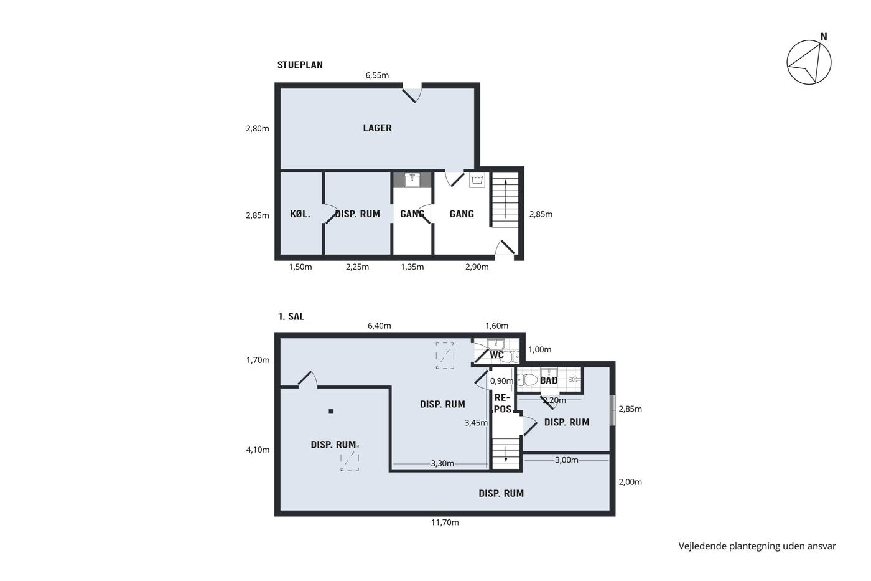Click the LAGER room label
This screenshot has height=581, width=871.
(377, 128)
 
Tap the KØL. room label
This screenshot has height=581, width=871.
(300, 214)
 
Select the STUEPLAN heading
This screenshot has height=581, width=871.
(300, 65)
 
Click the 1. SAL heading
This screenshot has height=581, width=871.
(291, 316)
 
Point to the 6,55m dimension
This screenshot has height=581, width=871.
(377, 75)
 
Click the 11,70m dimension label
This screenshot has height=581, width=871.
(445, 522)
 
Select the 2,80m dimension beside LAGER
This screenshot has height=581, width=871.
(258, 128)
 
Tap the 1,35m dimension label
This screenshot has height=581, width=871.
(412, 267)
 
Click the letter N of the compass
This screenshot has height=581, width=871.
(824, 37)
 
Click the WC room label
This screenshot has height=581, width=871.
(496, 355)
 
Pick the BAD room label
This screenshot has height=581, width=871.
(549, 380)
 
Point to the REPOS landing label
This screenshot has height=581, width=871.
(503, 403)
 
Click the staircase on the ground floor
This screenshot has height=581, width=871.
(505, 200)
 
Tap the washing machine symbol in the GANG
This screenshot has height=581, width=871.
(477, 180)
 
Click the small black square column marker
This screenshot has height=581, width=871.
(331, 412)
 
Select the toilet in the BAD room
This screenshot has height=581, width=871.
(528, 380)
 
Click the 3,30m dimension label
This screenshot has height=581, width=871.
(442, 463)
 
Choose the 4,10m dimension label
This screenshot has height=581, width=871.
(258, 450)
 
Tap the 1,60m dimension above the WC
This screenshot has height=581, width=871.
(496, 326)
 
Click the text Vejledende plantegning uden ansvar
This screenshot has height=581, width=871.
(757, 546)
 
